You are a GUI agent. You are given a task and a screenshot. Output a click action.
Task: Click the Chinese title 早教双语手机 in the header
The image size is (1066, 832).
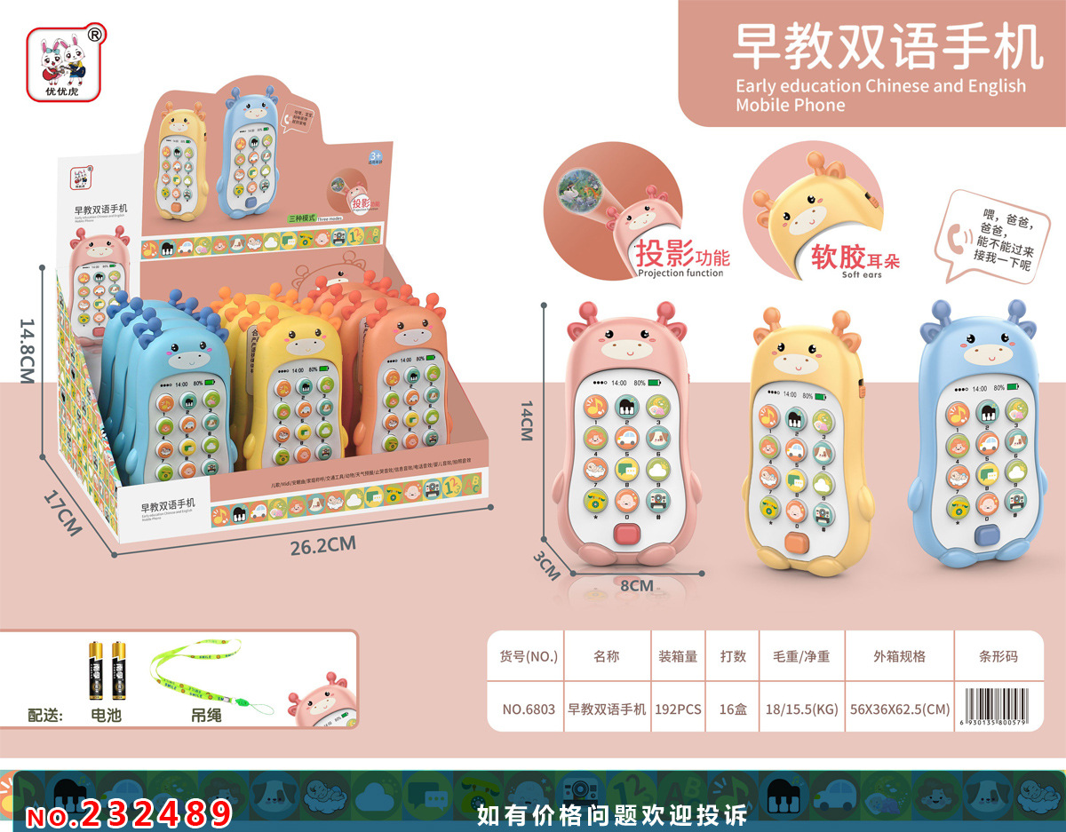click(887, 46)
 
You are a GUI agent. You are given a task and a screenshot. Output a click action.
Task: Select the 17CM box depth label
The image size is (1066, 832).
click(63, 514)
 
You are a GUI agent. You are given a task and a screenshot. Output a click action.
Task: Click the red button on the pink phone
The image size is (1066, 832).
click(627, 535)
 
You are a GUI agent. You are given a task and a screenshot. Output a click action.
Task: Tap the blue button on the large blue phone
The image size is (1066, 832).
click(983, 536)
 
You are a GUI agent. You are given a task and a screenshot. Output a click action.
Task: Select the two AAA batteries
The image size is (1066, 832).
click(105, 673)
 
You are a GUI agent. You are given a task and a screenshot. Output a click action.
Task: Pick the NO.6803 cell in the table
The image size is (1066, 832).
click(529, 709)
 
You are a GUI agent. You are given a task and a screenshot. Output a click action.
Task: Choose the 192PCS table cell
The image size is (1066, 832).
click(678, 709)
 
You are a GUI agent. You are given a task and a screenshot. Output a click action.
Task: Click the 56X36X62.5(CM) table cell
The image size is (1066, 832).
click(898, 709)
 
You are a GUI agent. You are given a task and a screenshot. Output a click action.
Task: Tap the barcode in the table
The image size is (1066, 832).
click(1000, 709)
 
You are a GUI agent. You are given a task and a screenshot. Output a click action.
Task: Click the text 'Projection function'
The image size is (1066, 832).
click(680, 273)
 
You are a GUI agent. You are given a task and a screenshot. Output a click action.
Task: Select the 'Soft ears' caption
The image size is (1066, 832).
click(861, 274)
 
